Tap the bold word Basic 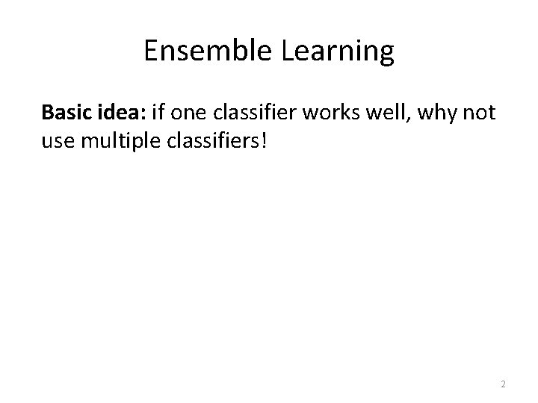pos(66,113)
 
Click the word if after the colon pos(158,113)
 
